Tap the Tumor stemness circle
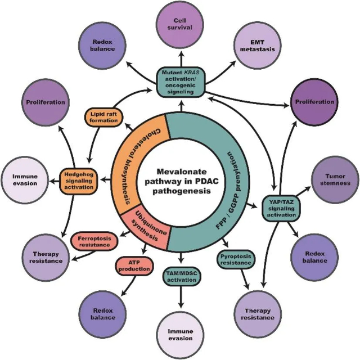click(x=334, y=179)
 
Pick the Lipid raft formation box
click(x=103, y=116)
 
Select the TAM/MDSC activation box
click(x=180, y=276)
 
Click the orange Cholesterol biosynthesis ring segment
click(x=133, y=163)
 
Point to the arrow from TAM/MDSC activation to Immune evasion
click(x=180, y=298)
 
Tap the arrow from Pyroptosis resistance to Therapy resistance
click(x=245, y=279)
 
